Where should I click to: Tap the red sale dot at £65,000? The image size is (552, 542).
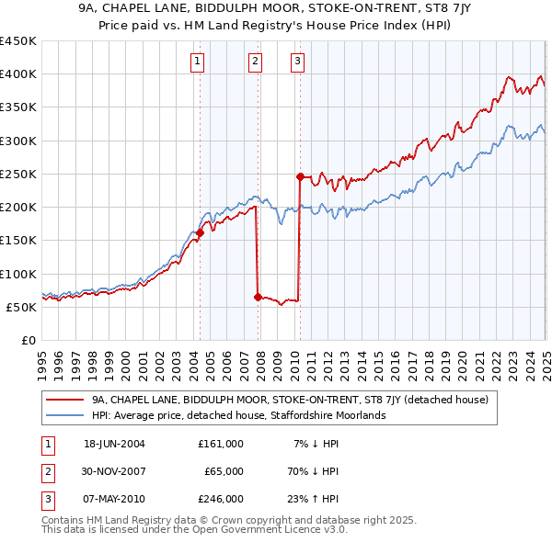(257, 297)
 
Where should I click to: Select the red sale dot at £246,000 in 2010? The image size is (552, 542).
(300, 176)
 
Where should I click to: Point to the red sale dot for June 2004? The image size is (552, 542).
(200, 233)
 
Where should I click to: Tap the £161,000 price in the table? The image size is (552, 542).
(221, 444)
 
